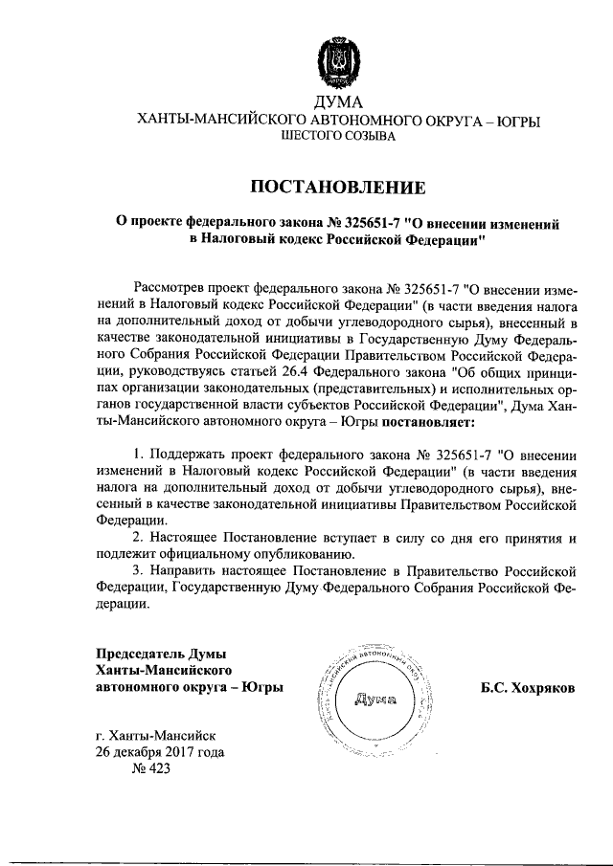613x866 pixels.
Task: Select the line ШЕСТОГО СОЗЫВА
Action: tap(336, 138)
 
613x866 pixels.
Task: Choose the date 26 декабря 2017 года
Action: tap(160, 752)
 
